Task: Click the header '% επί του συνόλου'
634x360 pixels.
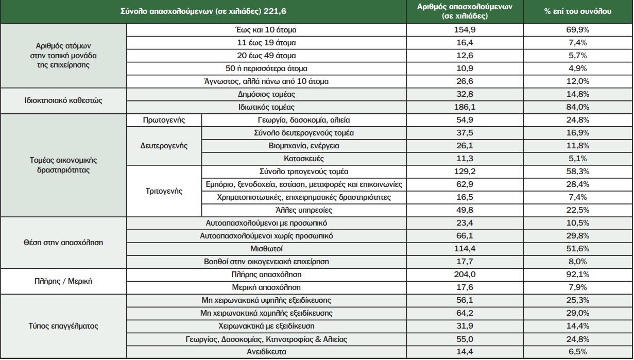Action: click(x=578, y=11)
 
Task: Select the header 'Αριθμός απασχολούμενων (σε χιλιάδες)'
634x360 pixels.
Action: click(x=465, y=11)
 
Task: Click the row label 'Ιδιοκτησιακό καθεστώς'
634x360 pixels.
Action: click(x=63, y=100)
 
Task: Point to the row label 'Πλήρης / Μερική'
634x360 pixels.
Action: click(x=63, y=281)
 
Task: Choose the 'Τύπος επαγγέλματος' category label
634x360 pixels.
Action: click(x=63, y=326)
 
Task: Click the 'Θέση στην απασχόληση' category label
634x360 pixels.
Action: click(x=63, y=243)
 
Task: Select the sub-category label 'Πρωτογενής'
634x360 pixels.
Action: click(x=164, y=120)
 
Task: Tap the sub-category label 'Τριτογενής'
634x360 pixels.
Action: click(x=164, y=191)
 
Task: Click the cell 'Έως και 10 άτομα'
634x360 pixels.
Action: click(x=266, y=30)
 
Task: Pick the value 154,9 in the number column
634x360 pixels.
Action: click(x=465, y=30)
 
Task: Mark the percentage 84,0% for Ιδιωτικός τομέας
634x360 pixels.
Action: click(x=578, y=107)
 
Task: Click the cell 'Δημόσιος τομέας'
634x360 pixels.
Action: click(x=266, y=94)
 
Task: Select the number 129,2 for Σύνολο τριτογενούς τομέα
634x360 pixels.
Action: click(x=465, y=172)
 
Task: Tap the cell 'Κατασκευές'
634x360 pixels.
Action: click(x=304, y=159)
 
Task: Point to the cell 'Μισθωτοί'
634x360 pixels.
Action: click(x=266, y=249)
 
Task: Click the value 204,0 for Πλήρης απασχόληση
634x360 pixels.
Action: click(x=465, y=275)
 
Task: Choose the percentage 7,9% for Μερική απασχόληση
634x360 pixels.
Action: click(x=578, y=287)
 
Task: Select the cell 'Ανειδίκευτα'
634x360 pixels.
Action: click(x=266, y=352)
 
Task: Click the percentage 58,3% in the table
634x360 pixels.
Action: click(x=578, y=172)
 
